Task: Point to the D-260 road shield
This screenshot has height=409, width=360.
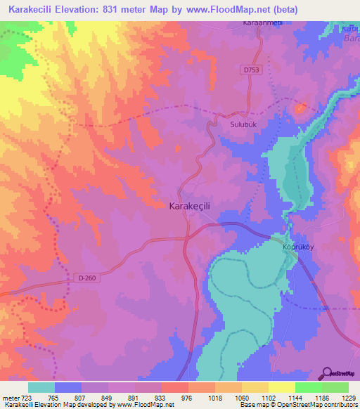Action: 86,278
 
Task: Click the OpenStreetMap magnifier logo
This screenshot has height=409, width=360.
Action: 326,374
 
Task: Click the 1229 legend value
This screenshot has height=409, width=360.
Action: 348,398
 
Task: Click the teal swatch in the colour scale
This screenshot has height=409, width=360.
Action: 41,387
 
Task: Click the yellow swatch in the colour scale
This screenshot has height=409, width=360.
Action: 282,387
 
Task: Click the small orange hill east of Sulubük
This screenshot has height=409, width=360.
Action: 301,109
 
